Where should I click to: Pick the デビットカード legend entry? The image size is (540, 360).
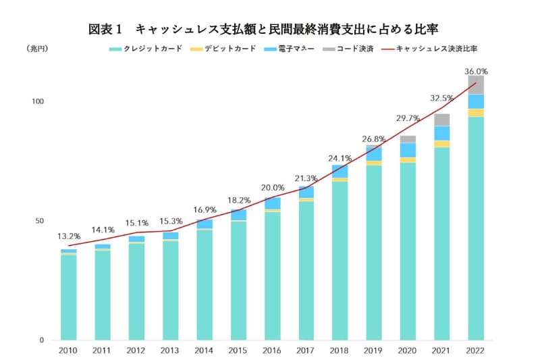223,49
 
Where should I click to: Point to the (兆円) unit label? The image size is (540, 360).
38,49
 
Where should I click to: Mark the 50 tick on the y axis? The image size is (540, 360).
38,221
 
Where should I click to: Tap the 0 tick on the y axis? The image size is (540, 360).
40,340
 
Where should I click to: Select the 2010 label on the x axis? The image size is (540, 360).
68,351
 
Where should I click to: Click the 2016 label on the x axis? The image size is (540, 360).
272,351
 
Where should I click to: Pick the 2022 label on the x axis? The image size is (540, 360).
475,351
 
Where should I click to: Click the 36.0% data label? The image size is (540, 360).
476,71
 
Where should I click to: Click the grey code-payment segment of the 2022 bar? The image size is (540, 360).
476,85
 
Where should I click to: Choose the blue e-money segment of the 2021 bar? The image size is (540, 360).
442,133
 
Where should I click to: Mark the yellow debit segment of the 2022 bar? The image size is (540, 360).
476,113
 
